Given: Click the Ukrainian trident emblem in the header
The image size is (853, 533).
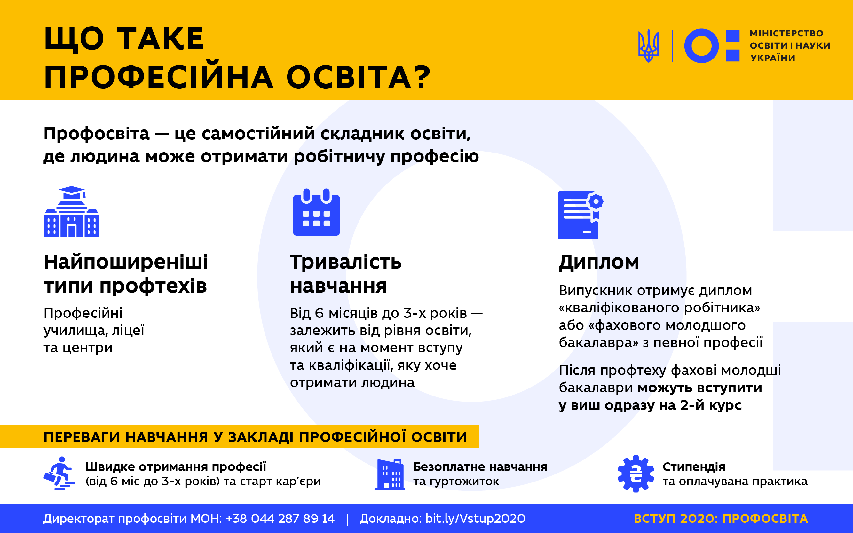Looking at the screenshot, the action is click(x=649, y=46).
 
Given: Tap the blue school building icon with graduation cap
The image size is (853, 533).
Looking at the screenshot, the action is click(x=72, y=212).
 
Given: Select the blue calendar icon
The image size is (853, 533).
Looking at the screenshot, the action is click(x=316, y=212).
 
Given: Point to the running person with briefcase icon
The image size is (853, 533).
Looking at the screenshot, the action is click(x=59, y=473).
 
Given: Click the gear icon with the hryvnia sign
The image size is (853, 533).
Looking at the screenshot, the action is click(x=636, y=474).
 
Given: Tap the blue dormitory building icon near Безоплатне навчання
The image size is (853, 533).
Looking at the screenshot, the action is click(x=390, y=474).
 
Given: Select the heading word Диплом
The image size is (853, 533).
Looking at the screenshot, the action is click(x=599, y=262).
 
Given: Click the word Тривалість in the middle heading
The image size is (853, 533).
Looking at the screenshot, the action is click(x=345, y=262).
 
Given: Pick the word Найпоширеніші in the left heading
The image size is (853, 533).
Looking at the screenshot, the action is click(x=126, y=262).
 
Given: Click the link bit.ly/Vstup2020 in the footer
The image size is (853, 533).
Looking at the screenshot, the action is click(x=475, y=519).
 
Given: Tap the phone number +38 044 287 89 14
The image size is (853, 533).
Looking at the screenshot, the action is click(x=280, y=519).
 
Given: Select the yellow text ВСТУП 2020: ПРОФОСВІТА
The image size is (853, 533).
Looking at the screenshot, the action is click(x=721, y=519).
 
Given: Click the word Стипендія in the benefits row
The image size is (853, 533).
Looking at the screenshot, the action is click(x=694, y=467).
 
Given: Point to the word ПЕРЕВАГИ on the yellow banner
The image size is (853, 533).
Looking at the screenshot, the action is click(x=82, y=437).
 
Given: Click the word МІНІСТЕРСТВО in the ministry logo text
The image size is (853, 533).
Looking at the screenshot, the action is click(x=786, y=34).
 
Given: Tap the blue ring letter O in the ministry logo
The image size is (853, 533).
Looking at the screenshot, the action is click(x=701, y=46).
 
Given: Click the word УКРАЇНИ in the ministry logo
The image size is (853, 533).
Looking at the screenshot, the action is click(x=773, y=58).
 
